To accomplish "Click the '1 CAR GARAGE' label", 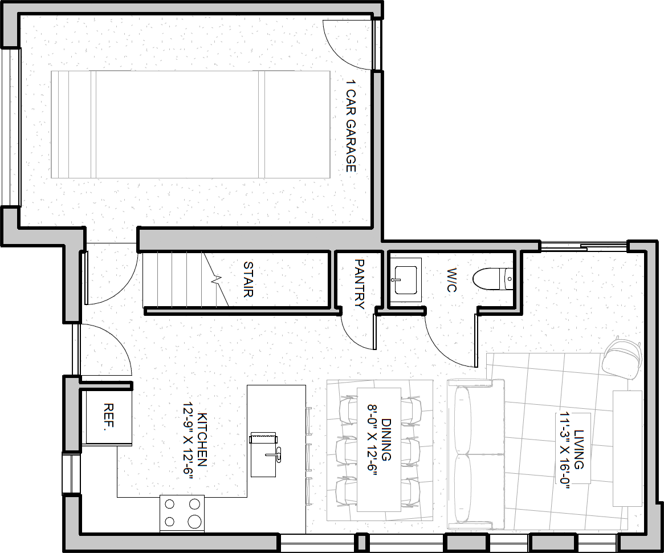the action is (351, 126).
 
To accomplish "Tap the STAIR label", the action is (248, 279).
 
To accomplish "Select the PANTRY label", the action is (359, 284).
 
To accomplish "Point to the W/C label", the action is (451, 280).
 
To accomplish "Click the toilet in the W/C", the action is (493, 279).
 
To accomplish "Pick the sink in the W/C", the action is (405, 280).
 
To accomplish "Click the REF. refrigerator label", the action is (109, 417).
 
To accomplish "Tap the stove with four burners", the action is (182, 514).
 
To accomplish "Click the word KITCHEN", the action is (202, 440).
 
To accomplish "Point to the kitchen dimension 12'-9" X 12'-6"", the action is (188, 441).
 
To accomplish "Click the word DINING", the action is (386, 440).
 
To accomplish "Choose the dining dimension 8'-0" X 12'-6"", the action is (372, 440).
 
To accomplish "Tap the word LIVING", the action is (579, 449).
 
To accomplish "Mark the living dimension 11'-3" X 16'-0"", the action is (565, 450).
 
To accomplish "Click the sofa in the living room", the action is (475, 454).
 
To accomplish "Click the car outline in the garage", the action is (190, 124).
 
